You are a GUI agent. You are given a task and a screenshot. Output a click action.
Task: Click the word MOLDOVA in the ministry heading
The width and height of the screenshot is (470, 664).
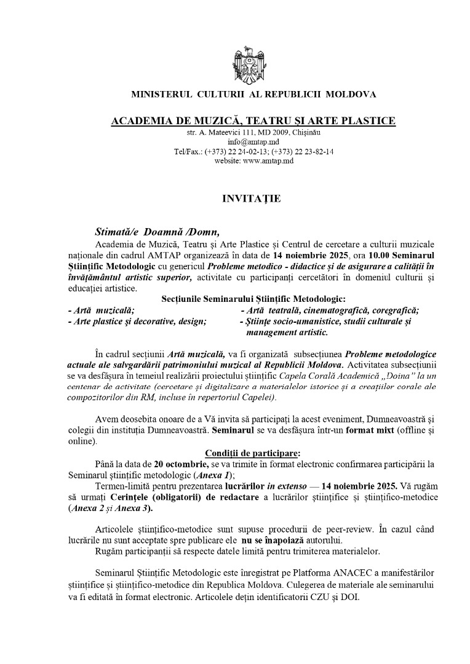click(x=351, y=95)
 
